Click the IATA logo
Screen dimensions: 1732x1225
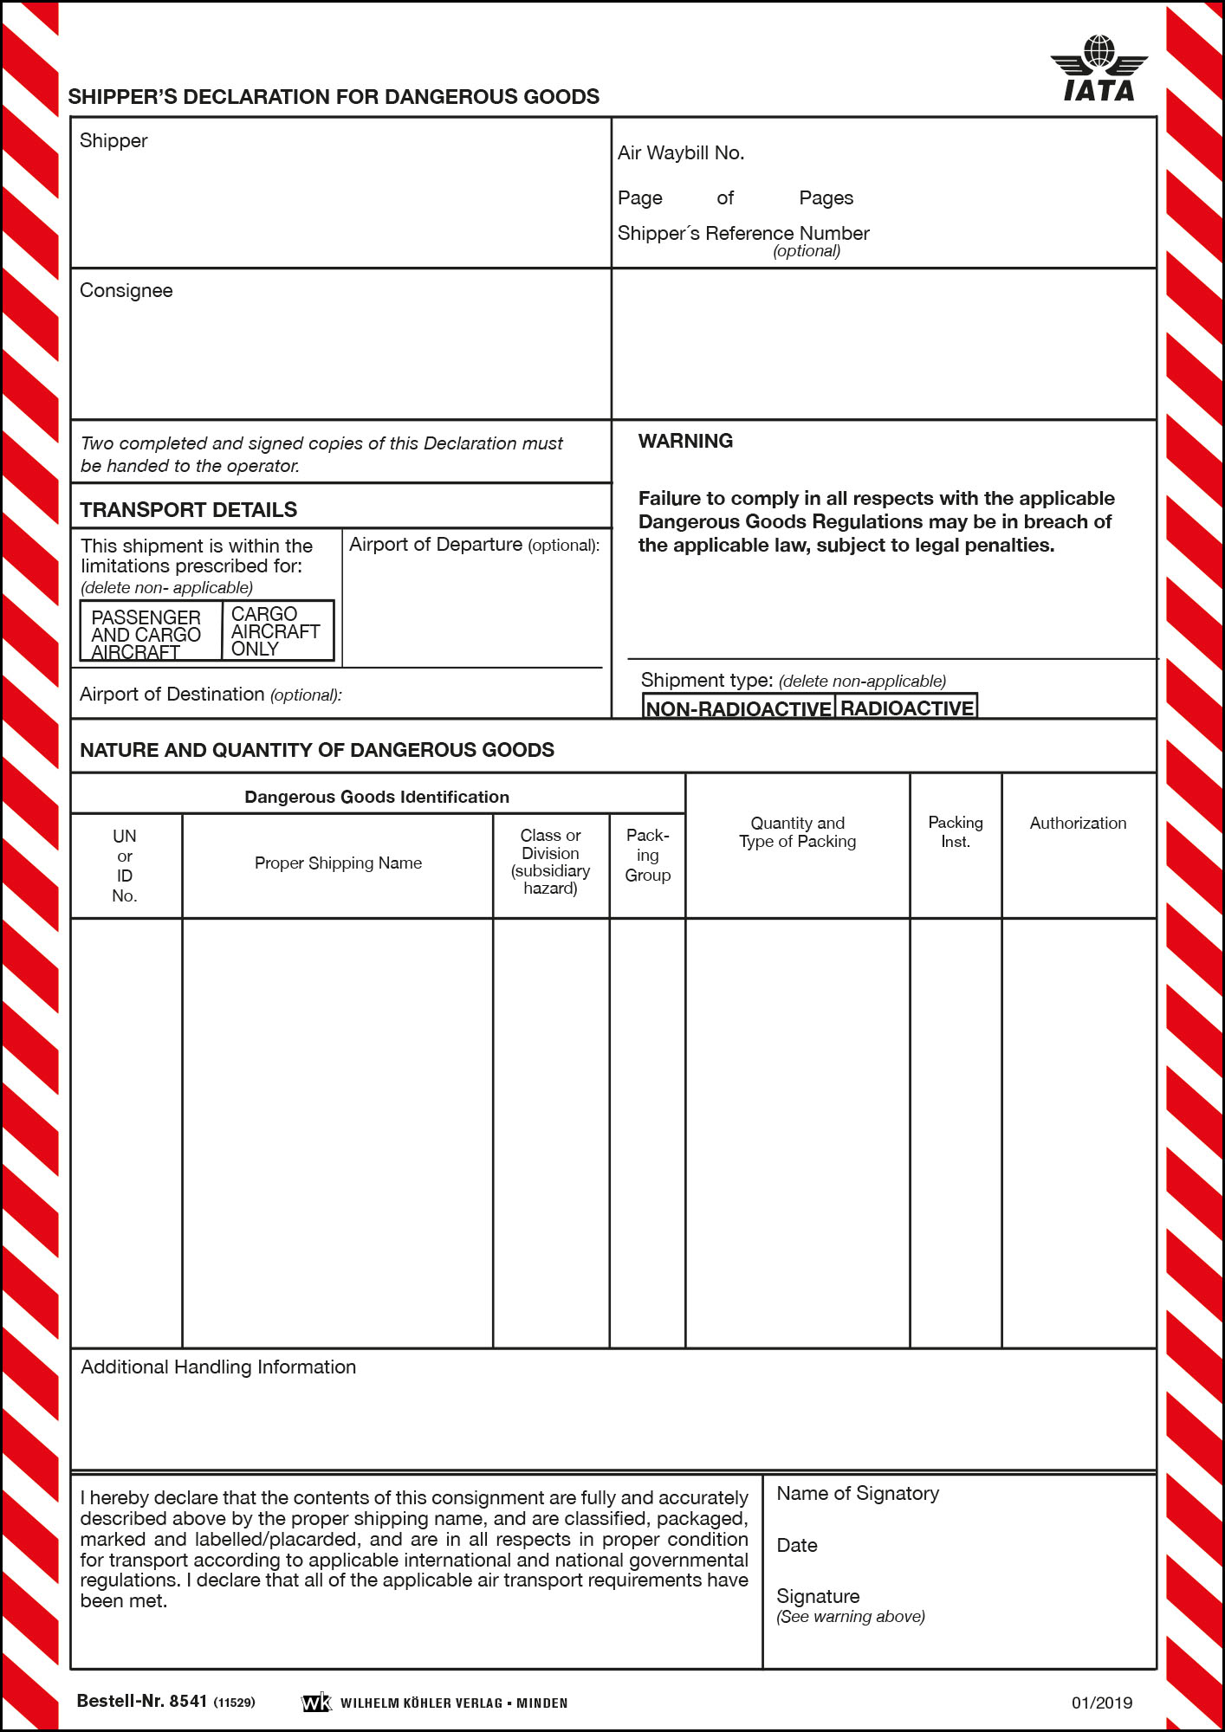pos(1099,69)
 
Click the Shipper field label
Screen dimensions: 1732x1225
pos(113,141)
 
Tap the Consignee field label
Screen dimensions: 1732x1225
pos(126,291)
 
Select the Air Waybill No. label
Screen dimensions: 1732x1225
pos(681,153)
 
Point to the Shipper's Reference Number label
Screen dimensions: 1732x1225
pos(743,234)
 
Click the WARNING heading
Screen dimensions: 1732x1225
pos(685,442)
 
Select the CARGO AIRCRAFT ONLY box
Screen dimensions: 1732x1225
pos(277,631)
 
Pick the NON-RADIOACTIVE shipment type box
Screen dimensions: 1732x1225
pos(739,708)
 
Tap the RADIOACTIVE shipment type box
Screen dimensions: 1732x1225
pos(907,708)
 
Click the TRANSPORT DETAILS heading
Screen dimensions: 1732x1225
pos(188,510)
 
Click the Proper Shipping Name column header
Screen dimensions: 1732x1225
pos(338,863)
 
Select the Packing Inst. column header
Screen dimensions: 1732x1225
pos(956,832)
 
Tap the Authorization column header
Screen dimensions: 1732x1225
pos(1078,824)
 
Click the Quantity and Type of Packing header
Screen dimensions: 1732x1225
pos(797,832)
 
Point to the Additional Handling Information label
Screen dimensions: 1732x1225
pos(218,1367)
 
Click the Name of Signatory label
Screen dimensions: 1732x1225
pos(858,1494)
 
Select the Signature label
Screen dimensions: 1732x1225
pos(818,1597)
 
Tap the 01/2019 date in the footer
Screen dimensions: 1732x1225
pos(1101,1703)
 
